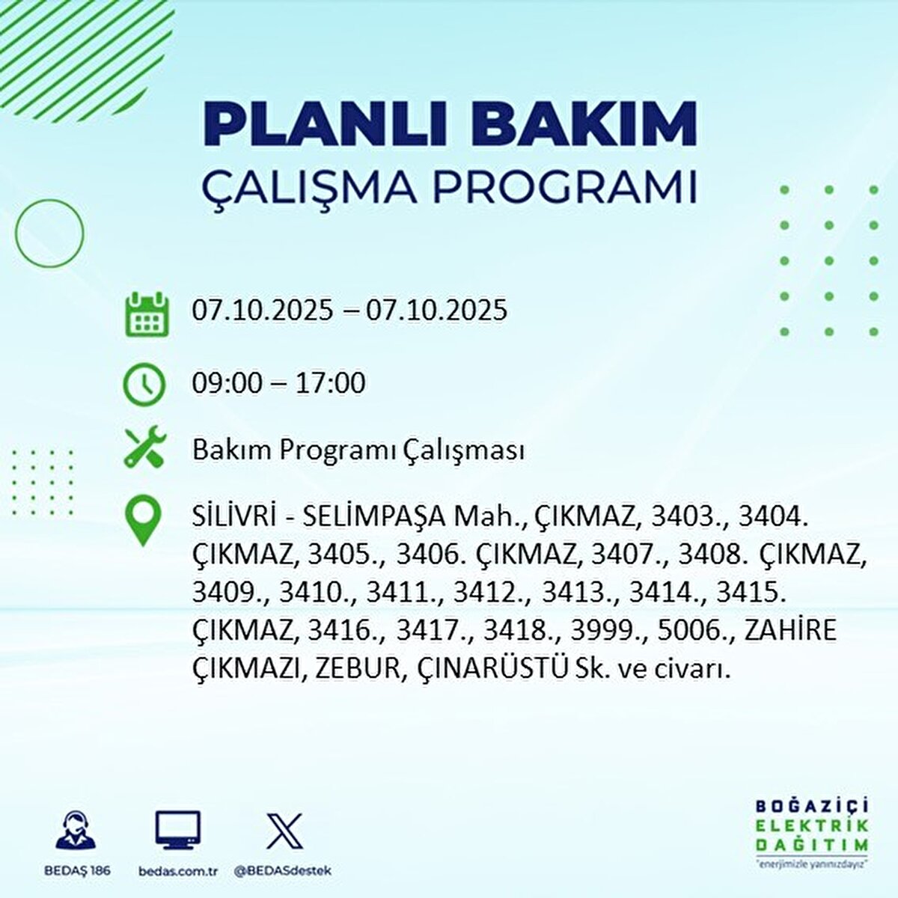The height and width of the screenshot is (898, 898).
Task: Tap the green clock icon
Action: click(x=144, y=384)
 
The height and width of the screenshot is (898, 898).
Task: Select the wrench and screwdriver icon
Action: click(x=144, y=449)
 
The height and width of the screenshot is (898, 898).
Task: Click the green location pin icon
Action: click(x=143, y=522)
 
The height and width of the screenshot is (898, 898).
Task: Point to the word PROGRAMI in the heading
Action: click(x=566, y=188)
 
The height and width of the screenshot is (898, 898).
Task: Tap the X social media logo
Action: click(x=285, y=831)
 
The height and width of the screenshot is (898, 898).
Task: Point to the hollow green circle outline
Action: click(x=49, y=233)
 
